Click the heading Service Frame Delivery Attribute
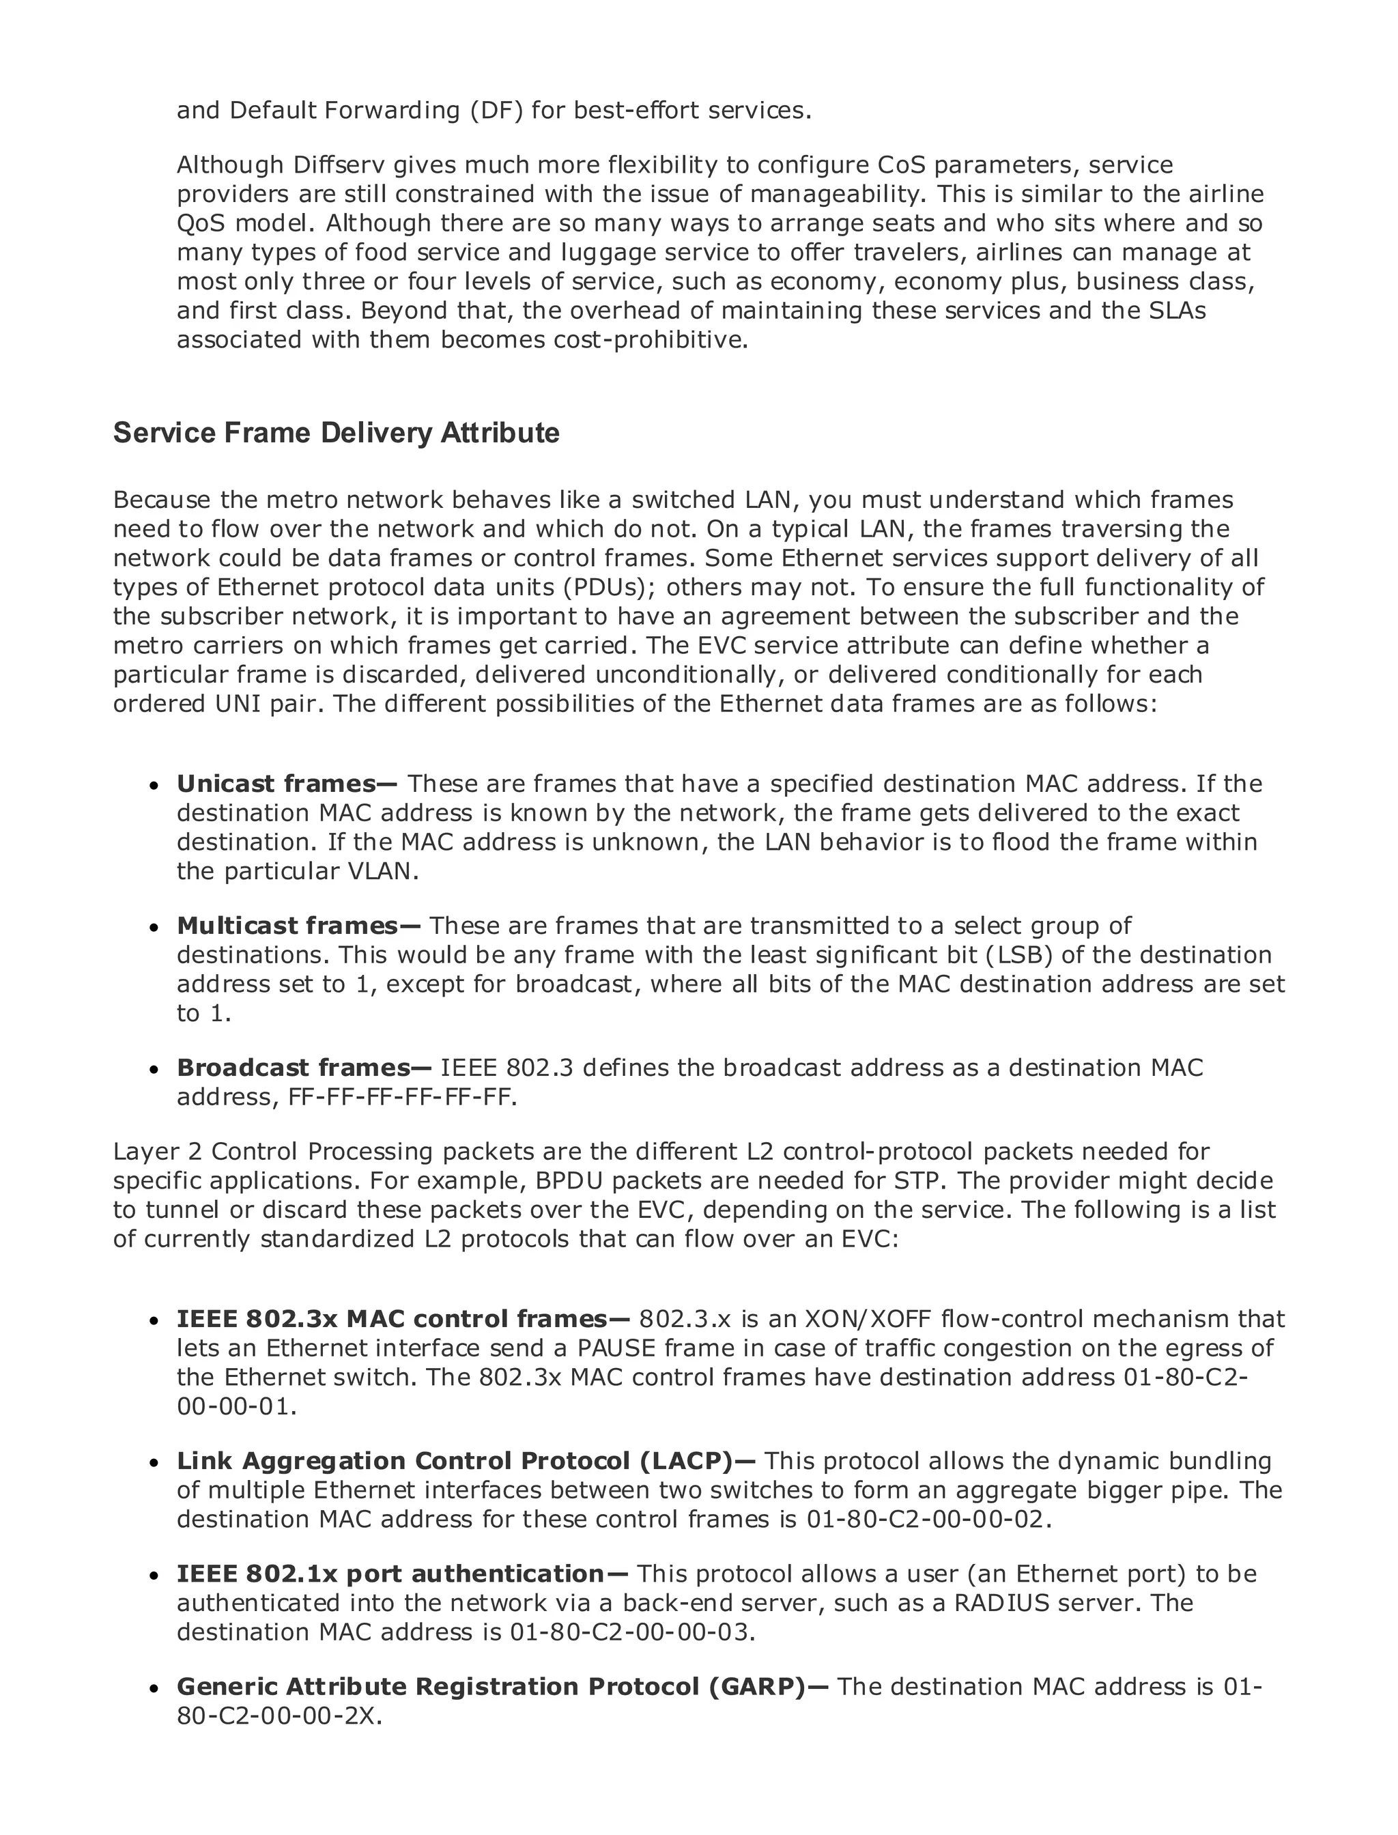[x=336, y=433]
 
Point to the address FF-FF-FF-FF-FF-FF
[x=402, y=1097]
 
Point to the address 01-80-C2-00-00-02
[x=924, y=1519]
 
